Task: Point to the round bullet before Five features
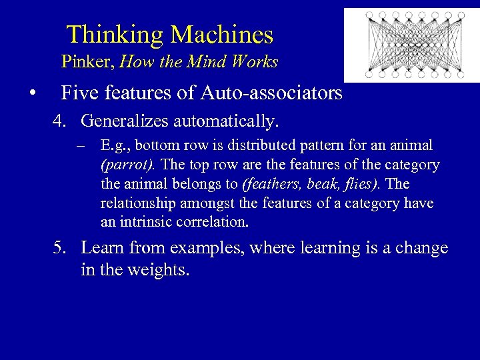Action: click(x=31, y=93)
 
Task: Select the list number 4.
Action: click(x=61, y=122)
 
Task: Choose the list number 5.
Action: click(x=61, y=249)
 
